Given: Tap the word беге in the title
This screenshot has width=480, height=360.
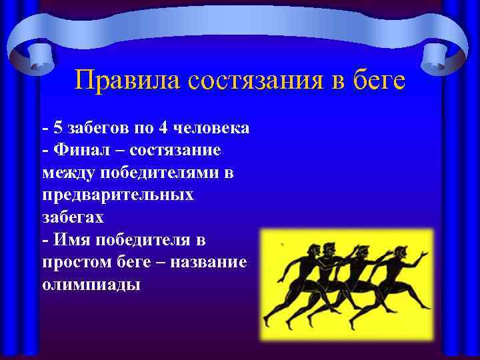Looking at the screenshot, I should click(379, 81).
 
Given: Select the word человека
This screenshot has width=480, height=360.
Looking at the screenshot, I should click(211, 127).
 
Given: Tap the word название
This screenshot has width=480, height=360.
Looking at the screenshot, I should click(209, 262).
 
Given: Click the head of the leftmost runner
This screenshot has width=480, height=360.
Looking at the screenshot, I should click(297, 251).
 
